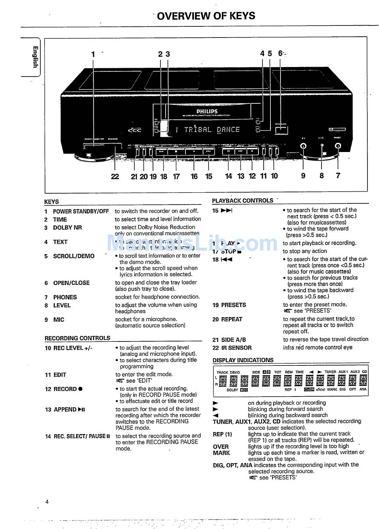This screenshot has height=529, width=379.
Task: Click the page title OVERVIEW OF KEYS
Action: pyautogui.click(x=206, y=16)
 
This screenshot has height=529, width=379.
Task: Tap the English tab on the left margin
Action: pyautogui.click(x=36, y=57)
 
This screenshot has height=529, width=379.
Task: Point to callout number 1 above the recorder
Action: pyautogui.click(x=93, y=54)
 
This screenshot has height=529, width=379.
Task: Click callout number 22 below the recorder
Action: pyautogui.click(x=115, y=176)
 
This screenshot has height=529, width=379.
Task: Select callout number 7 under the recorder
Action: pyautogui.click(x=338, y=176)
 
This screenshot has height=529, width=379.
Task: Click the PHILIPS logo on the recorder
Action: pyautogui.click(x=207, y=112)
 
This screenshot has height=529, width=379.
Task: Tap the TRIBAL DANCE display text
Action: pyautogui.click(x=212, y=130)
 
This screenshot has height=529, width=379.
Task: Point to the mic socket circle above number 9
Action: pyautogui.click(x=304, y=146)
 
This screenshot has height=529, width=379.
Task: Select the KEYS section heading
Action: pyautogui.click(x=51, y=202)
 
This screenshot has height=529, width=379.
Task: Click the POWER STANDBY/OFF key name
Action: pyautogui.click(x=81, y=211)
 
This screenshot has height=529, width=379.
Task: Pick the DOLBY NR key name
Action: pyautogui.click(x=67, y=228)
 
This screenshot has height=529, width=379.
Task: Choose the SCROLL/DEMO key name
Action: pyautogui.click(x=74, y=256)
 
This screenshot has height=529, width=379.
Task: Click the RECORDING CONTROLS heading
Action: pyautogui.click(x=77, y=338)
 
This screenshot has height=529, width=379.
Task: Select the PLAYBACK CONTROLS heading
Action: pyautogui.click(x=243, y=201)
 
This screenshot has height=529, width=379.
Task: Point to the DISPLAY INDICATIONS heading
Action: pyautogui.click(x=243, y=360)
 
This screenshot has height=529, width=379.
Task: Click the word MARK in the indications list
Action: pyautogui.click(x=221, y=453)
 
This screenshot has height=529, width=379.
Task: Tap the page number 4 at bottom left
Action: pyautogui.click(x=47, y=502)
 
